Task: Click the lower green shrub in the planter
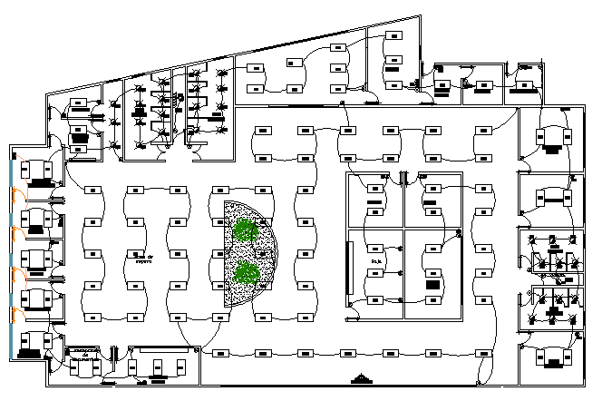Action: (246, 272)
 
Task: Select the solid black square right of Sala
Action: (433, 285)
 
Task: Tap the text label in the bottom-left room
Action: (87, 353)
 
